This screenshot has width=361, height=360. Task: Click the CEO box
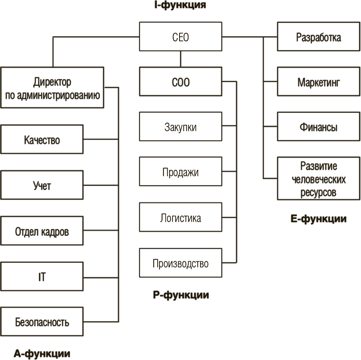tap(180, 37)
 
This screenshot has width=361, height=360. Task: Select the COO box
tap(180, 83)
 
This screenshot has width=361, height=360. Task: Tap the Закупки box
tap(180, 127)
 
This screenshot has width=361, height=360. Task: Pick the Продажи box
tap(180, 172)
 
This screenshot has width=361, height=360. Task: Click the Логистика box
tap(180, 218)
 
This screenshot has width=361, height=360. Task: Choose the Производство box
tap(180, 264)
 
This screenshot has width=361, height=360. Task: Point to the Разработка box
tap(319, 38)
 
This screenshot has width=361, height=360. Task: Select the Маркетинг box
tap(319, 82)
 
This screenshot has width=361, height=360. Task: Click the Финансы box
tap(319, 127)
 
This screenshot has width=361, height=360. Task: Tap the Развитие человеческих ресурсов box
tap(319, 179)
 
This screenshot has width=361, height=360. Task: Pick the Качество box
tap(42, 140)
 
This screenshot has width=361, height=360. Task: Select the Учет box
tap(42, 185)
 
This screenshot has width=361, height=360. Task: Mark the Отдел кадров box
tap(42, 231)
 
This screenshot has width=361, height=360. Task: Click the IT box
tap(42, 277)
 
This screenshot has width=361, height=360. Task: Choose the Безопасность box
tap(42, 322)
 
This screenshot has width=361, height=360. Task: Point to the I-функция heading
tap(180, 6)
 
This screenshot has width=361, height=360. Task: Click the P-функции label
tap(181, 295)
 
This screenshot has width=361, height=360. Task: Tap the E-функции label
tap(319, 219)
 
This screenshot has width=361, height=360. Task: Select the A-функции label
tap(42, 354)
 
